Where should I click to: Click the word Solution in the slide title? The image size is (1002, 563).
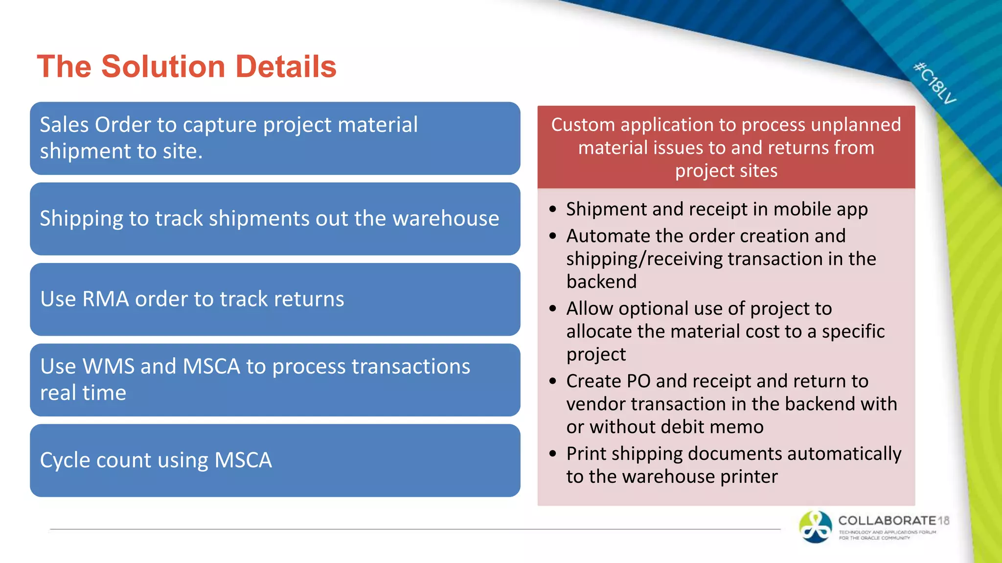163,66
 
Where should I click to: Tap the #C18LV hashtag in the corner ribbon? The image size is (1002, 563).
934,83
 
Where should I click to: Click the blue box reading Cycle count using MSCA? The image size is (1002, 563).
274,460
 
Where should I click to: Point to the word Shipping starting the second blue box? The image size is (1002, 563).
81,218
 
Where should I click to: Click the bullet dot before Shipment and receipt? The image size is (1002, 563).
553,210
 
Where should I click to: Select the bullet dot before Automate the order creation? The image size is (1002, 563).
553,237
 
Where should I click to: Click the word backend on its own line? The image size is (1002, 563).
601,282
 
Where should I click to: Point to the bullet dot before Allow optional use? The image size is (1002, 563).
553,309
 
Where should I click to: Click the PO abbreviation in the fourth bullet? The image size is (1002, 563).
638,381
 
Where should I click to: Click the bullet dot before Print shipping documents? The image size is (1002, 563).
553,454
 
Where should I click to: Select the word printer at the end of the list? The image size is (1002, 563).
749,477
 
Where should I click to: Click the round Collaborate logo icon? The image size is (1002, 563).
815,527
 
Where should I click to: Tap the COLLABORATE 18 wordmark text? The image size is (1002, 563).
893,521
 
